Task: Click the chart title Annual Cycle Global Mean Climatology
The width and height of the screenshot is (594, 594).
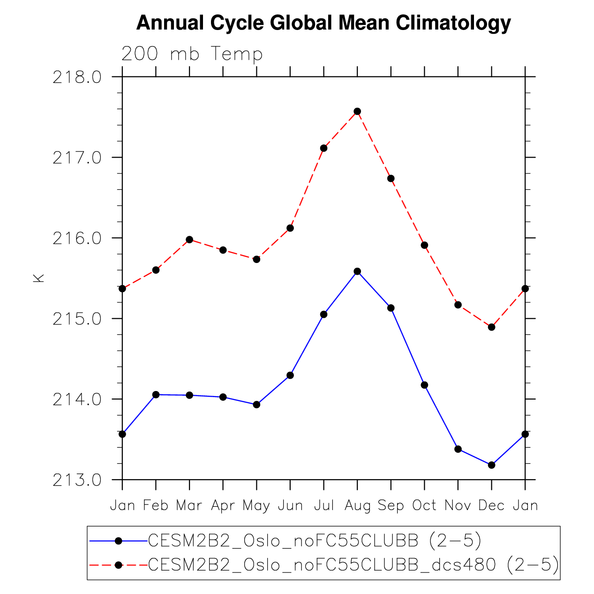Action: [323, 23]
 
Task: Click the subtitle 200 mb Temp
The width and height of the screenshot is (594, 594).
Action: [192, 54]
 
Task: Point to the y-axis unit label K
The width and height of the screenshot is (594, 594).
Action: [38, 278]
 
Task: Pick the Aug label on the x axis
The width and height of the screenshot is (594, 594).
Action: [357, 505]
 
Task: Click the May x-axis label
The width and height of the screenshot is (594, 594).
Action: [256, 506]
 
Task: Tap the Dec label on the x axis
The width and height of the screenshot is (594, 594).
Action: [491, 505]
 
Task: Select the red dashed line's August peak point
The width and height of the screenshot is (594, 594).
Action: [357, 111]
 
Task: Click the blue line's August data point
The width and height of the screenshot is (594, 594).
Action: [357, 271]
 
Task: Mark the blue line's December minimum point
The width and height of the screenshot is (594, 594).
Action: [491, 465]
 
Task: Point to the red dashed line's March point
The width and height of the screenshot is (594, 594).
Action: [189, 240]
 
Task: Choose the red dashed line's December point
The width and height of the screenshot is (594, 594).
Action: [491, 327]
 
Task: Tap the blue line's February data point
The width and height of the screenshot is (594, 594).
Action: [156, 395]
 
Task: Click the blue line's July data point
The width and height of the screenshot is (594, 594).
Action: [323, 314]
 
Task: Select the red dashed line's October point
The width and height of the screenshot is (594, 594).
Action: [424, 245]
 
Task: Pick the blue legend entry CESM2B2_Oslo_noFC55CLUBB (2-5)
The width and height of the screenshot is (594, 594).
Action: [315, 541]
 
